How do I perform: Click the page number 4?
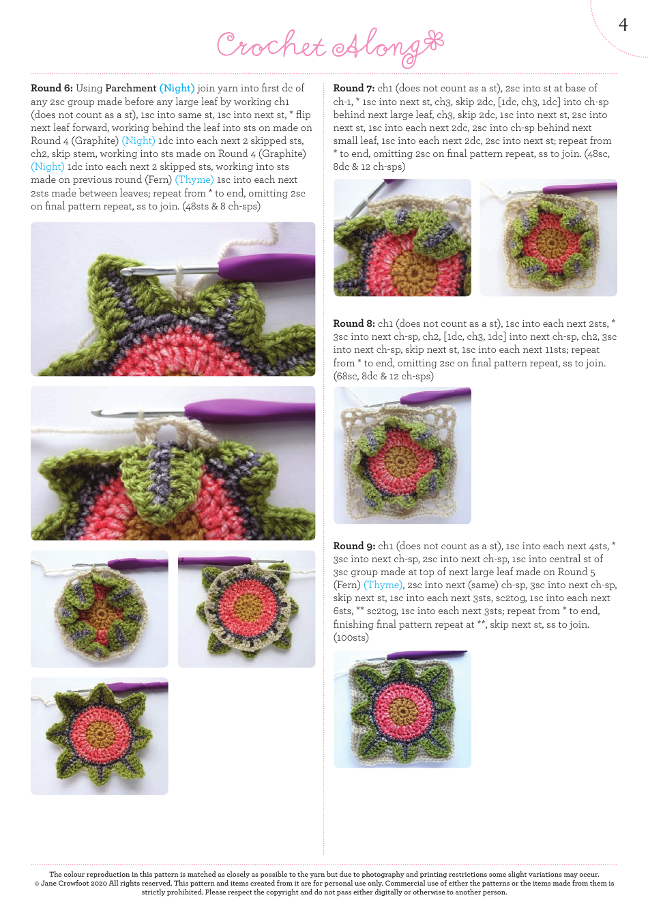click(x=622, y=25)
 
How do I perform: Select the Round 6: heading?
click(x=51, y=88)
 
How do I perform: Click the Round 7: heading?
click(x=353, y=88)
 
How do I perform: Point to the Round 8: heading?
click(x=353, y=323)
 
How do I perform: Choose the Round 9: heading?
click(x=353, y=546)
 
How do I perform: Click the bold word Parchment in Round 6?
click(x=130, y=88)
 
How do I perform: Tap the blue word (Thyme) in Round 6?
click(x=194, y=179)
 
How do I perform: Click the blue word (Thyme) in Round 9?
click(x=383, y=585)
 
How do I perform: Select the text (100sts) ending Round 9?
click(x=351, y=637)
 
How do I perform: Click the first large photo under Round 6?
click(x=173, y=299)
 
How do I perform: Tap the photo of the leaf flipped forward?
click(x=173, y=463)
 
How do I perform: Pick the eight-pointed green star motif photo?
click(x=99, y=736)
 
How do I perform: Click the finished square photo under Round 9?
click(x=402, y=709)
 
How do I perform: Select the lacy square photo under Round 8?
click(x=402, y=455)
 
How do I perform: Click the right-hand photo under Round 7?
click(x=548, y=237)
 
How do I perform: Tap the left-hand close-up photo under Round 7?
click(x=402, y=237)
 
